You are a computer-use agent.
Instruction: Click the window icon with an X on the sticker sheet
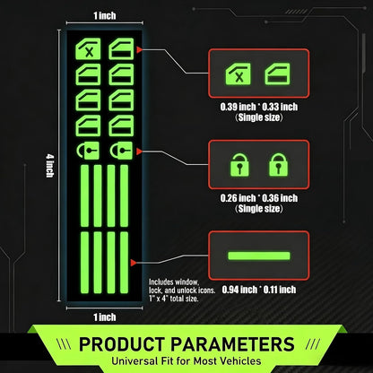(x=88, y=48)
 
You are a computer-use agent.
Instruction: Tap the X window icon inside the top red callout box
(x=238, y=74)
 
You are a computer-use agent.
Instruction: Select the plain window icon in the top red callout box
(x=277, y=74)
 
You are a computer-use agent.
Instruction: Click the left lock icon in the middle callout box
(x=239, y=165)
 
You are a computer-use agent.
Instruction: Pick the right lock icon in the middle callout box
(x=279, y=165)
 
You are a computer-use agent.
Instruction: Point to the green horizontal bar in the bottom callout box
(x=259, y=256)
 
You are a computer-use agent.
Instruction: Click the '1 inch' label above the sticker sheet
(x=104, y=15)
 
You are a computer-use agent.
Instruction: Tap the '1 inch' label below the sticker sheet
(x=104, y=317)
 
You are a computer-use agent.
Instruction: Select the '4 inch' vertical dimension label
(x=49, y=165)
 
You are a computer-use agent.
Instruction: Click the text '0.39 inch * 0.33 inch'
(x=259, y=107)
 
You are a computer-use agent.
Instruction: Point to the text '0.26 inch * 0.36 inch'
(x=259, y=198)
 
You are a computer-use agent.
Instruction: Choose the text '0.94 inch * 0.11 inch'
(x=259, y=290)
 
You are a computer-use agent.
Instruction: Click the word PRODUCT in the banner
(x=122, y=344)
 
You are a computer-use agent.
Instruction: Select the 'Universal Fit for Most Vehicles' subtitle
(x=186, y=360)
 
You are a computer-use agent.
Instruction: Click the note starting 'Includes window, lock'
(x=182, y=291)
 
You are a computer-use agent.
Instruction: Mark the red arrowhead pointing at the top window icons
(x=139, y=50)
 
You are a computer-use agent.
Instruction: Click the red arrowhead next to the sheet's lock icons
(x=139, y=152)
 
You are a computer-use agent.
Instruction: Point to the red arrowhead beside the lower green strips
(x=134, y=263)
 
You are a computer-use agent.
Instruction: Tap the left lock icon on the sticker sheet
(x=88, y=151)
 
